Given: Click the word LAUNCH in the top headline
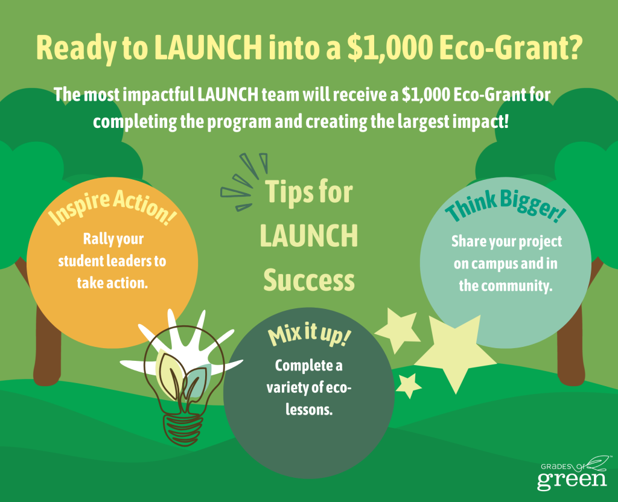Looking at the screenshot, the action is [208, 47].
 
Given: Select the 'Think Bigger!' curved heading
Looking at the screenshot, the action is [506, 205].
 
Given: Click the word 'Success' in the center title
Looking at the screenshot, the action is [309, 280].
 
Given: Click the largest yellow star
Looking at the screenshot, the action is [455, 353].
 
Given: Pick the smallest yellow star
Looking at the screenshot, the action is [409, 386].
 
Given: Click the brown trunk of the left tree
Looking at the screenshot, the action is [47, 347].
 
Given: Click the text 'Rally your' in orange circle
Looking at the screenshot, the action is [113, 239].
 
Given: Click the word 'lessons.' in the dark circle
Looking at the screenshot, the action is [309, 410].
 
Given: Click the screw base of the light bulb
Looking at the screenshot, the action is [182, 429].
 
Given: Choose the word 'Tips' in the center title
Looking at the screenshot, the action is [288, 192].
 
